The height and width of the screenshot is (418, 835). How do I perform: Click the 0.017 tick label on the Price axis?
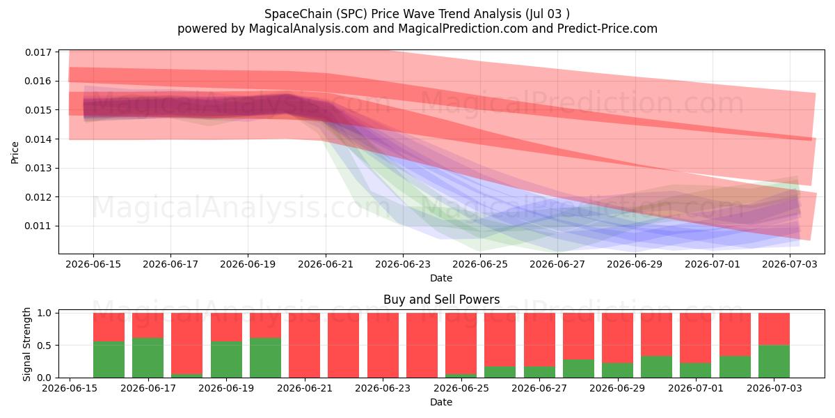pyautogui.click(x=38, y=52)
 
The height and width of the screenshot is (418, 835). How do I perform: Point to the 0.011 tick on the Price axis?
pyautogui.click(x=38, y=226)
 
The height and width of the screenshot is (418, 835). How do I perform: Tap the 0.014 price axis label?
pyautogui.click(x=38, y=139)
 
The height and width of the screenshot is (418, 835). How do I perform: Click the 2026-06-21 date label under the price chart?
pyautogui.click(x=326, y=264)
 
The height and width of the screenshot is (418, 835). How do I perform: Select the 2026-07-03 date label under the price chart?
pyautogui.click(x=790, y=264)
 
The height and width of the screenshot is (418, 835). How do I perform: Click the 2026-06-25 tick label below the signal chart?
pyautogui.click(x=461, y=388)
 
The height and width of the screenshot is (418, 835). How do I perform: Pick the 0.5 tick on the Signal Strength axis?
pyautogui.click(x=44, y=346)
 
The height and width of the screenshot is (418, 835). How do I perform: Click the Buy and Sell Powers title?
pyautogui.click(x=441, y=300)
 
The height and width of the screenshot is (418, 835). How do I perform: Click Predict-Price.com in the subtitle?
pyautogui.click(x=607, y=29)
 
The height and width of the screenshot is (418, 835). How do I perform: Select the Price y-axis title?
pyautogui.click(x=15, y=153)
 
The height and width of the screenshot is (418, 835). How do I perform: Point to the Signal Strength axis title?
pyautogui.click(x=26, y=344)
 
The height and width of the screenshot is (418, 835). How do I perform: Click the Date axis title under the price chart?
pyautogui.click(x=441, y=278)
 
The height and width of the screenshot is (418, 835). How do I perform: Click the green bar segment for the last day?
pyautogui.click(x=774, y=362)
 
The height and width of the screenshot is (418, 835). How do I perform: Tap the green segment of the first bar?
pyautogui.click(x=109, y=359)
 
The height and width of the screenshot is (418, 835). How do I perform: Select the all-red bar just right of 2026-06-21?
pyautogui.click(x=343, y=346)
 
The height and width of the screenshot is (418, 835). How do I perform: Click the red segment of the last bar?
pyautogui.click(x=774, y=329)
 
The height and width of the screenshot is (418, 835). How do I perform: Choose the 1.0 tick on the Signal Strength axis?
pyautogui.click(x=44, y=313)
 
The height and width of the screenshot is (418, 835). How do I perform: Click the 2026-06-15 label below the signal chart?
pyautogui.click(x=70, y=388)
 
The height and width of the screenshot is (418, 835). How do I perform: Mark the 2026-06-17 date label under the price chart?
pyautogui.click(x=170, y=264)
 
